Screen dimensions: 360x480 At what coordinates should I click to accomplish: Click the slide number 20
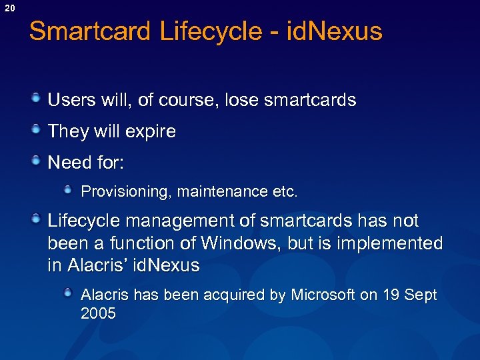8,7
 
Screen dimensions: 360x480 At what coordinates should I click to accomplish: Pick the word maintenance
223,192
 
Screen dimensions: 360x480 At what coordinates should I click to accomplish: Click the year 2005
98,313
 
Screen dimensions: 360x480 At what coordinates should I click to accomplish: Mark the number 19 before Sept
392,295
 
